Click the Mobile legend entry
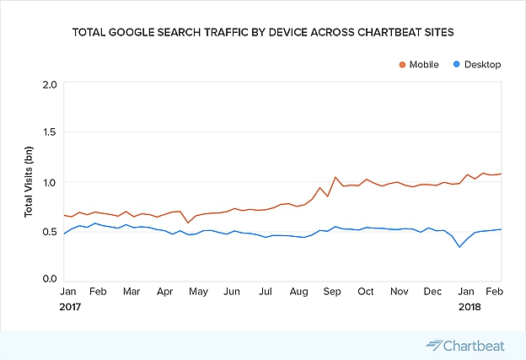tap(423, 64)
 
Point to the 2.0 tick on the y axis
tap(49, 84)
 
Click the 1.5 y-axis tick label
tap(49, 133)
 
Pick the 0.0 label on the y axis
tap(49, 279)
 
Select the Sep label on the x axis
tap(331, 291)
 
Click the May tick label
tap(198, 291)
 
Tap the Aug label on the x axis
tap(298, 291)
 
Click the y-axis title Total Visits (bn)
tap(30, 182)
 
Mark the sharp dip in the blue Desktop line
tap(459, 246)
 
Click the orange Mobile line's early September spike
tap(335, 177)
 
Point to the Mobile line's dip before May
tap(188, 223)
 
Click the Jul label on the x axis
tap(265, 291)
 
